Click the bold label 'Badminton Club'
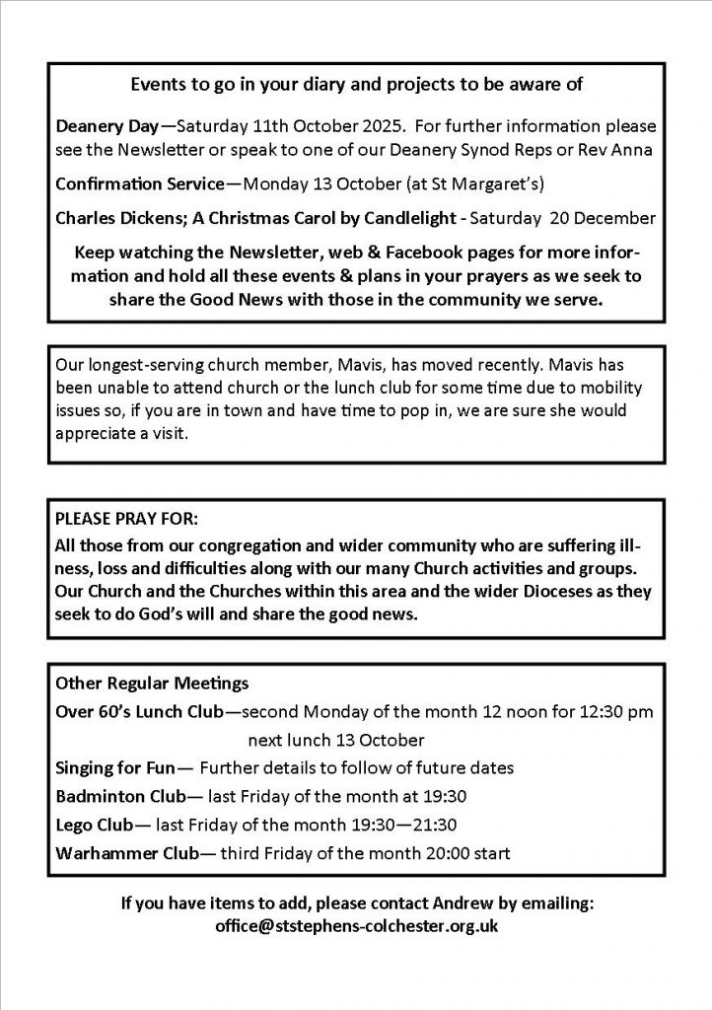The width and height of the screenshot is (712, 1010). click(110, 795)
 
